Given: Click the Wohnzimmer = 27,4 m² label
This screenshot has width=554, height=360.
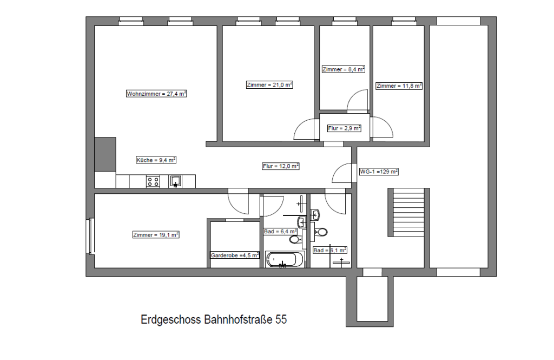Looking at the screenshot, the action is (x=156, y=94).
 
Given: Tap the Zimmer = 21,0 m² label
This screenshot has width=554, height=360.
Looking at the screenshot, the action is (x=269, y=85).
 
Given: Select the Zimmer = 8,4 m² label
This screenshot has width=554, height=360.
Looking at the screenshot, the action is (x=344, y=69).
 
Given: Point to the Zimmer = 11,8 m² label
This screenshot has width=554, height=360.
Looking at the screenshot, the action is (x=399, y=86).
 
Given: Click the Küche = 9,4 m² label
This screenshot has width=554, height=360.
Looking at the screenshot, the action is (x=156, y=160).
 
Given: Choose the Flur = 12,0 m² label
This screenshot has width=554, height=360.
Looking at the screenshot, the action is (x=281, y=166).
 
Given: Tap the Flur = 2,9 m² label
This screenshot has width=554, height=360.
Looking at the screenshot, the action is (x=344, y=128).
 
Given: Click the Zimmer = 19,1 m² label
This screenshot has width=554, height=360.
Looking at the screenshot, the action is (x=156, y=234).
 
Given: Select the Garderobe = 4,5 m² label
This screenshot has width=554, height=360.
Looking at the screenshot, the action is (x=235, y=255).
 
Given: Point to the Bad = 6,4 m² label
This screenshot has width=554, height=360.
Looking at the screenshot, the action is (x=281, y=232).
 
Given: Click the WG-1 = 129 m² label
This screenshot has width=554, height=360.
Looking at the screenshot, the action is (x=379, y=172).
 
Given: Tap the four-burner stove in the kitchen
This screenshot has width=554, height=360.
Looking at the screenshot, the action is (x=153, y=182).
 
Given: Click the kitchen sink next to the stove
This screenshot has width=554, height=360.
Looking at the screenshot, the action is (x=175, y=181).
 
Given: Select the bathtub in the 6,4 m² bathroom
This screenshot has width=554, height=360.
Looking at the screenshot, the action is (x=285, y=259).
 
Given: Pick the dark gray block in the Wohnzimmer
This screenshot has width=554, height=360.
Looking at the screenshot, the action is (x=105, y=154).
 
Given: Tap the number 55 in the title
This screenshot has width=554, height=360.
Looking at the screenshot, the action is (x=281, y=319).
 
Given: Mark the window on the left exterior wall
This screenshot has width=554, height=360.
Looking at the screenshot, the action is (x=90, y=236).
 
